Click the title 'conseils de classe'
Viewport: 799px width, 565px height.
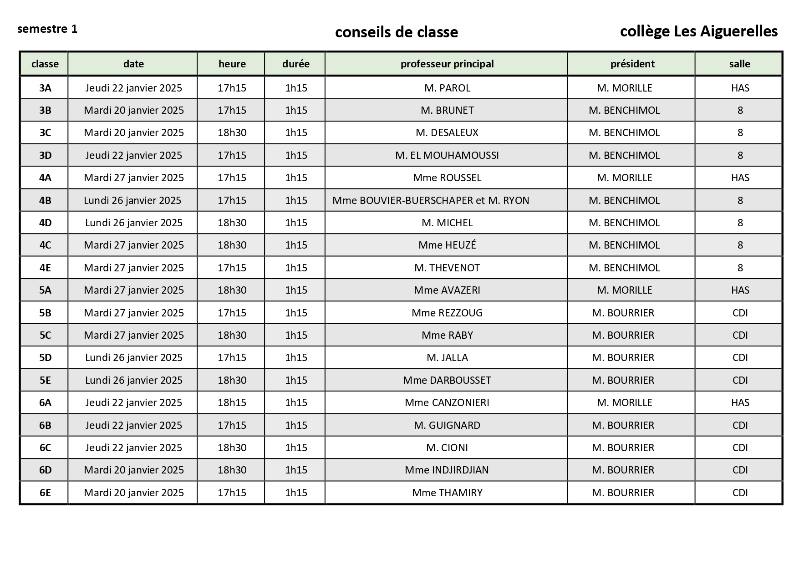coord(396,32)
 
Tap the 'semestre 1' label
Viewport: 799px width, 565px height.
coord(47,29)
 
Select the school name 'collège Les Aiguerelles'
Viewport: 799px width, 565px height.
coord(698,31)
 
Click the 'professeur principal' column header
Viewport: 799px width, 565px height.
coord(447,64)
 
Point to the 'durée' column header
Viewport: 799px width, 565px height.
coord(295,64)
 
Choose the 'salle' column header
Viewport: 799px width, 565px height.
coord(739,64)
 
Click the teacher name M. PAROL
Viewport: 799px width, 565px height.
coord(447,88)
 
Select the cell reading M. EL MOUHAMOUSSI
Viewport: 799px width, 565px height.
coord(447,155)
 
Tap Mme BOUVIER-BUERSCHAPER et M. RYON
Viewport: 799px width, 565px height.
coord(431,200)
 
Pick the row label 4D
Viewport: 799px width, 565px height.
coord(45,223)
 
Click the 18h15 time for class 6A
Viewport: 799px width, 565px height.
coord(232,402)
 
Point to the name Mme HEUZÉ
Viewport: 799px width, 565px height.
coord(447,245)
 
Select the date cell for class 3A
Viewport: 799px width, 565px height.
coord(133,88)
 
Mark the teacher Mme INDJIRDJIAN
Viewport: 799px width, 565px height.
coord(447,470)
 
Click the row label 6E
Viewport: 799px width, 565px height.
coord(45,493)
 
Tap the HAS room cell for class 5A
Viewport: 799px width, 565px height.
coord(740,290)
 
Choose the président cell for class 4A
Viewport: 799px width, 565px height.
coord(624,178)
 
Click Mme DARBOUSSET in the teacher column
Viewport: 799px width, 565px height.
coord(447,380)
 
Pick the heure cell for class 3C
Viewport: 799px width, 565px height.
coord(232,132)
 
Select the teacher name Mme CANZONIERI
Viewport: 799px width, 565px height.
coord(447,402)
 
